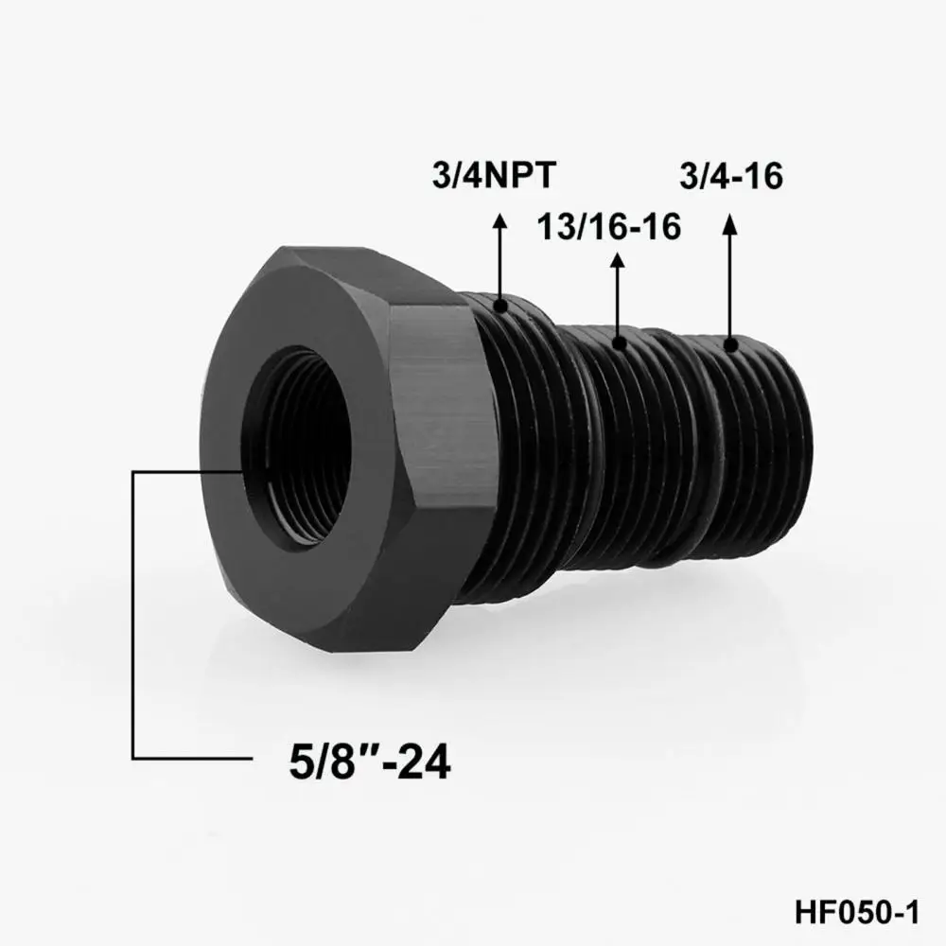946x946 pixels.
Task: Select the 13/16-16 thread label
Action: (x=609, y=228)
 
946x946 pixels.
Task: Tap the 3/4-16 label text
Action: (x=731, y=177)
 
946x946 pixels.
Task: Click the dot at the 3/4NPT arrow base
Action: (x=502, y=305)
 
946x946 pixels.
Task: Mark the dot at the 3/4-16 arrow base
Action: (x=729, y=343)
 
